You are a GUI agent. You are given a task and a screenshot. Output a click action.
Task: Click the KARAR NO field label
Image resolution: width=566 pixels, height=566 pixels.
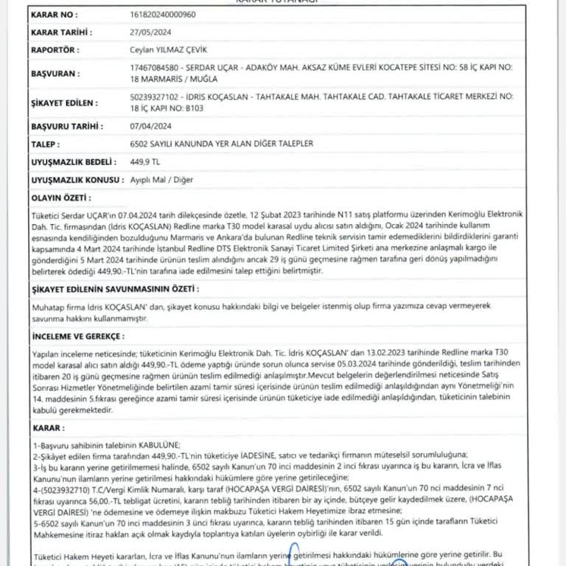point(52,14)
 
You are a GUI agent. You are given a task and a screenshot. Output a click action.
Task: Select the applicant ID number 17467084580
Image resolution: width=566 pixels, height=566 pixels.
point(151,67)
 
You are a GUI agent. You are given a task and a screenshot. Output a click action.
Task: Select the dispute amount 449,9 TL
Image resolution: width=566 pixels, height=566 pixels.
point(144,161)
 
